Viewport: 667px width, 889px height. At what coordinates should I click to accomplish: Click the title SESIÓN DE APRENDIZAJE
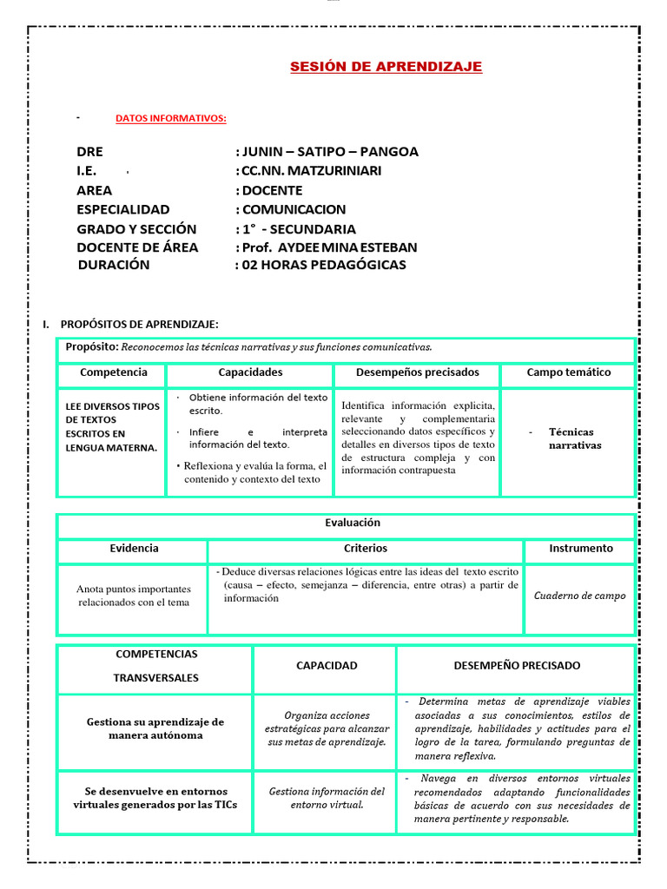click(386, 67)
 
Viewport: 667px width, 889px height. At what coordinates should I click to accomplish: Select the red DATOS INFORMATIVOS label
click(171, 118)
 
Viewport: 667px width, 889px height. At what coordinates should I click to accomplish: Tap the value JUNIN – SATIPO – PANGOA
click(327, 151)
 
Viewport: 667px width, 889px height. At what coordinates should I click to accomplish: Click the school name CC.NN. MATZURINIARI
click(308, 171)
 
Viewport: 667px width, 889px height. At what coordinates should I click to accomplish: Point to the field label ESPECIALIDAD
click(122, 209)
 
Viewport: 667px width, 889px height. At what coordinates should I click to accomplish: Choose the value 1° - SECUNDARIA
click(295, 229)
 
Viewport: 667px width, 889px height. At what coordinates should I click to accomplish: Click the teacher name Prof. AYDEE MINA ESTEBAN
click(326, 247)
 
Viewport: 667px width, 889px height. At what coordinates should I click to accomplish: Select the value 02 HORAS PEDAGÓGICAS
click(320, 265)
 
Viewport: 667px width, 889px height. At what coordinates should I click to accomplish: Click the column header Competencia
click(113, 372)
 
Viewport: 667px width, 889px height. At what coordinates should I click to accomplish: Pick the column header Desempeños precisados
click(417, 372)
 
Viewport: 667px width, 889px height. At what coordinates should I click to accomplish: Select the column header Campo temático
click(568, 372)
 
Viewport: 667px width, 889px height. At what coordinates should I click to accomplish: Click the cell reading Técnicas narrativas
click(574, 438)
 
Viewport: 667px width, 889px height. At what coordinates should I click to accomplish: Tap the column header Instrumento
click(580, 549)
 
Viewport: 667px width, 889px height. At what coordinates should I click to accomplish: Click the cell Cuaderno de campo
click(579, 596)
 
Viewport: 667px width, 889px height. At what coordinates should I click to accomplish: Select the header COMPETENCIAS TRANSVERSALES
click(156, 665)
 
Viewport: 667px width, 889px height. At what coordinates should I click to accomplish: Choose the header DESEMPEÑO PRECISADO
click(517, 665)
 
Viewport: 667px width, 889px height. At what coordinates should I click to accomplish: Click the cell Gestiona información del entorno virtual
click(327, 798)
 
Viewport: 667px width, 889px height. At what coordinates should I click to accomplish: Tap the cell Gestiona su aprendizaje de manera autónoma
click(155, 728)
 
